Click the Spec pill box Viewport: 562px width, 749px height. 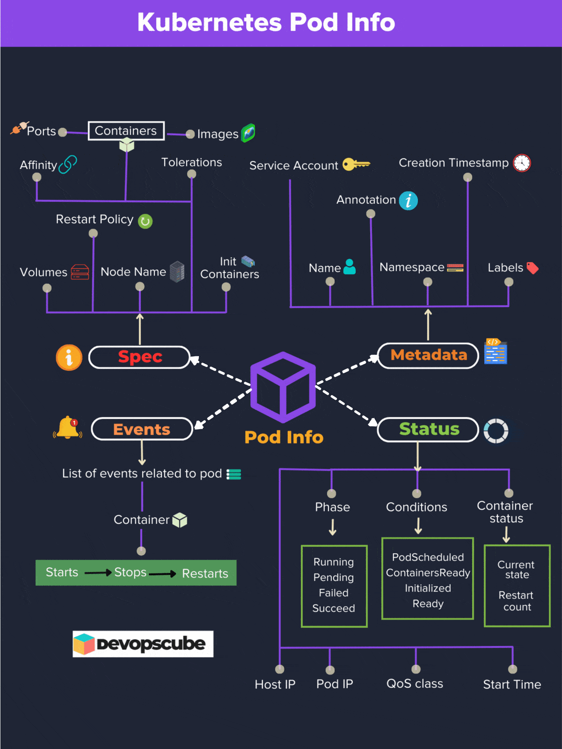coord(139,357)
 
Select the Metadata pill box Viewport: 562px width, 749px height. coord(428,355)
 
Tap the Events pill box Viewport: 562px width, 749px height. coord(142,429)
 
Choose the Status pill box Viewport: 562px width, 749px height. coord(428,429)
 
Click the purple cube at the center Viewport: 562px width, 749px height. coord(283,388)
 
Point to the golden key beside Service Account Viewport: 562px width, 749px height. coord(356,164)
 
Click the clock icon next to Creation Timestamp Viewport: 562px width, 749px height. coord(522,163)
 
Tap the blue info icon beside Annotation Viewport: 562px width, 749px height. coord(408,201)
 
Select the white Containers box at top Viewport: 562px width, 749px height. coord(126,131)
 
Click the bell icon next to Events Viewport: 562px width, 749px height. coord(68,428)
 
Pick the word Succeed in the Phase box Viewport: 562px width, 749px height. coord(334,608)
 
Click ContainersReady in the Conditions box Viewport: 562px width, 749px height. coord(428,573)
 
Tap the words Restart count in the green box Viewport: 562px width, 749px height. coord(517,601)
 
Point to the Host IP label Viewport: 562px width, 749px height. coord(275,684)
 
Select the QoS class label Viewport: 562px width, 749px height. coord(415,684)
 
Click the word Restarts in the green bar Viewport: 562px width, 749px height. coord(205,573)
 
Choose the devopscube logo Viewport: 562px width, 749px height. coord(143,644)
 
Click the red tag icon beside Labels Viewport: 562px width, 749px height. coord(533,268)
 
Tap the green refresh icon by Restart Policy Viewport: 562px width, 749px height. coord(145,221)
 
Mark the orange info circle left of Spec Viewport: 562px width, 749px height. coord(69,358)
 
